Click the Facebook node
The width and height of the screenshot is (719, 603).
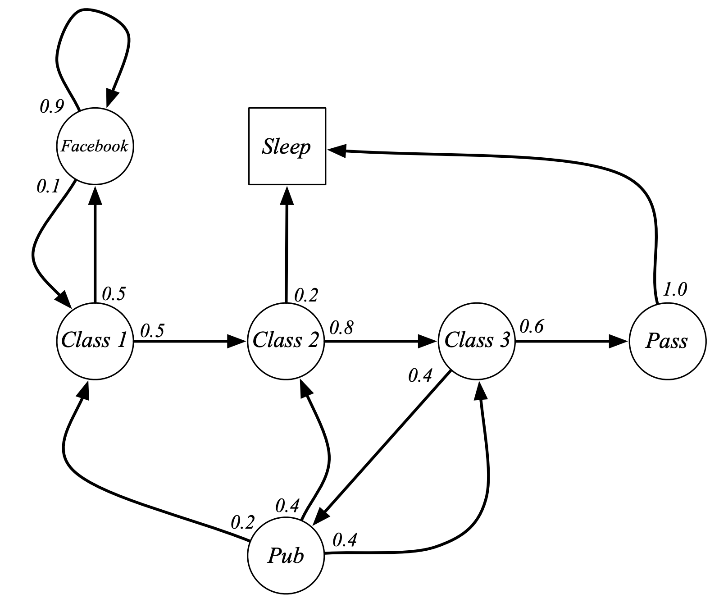pos(95,146)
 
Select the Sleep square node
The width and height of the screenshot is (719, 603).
pos(287,146)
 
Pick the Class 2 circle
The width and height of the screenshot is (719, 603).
pos(286,341)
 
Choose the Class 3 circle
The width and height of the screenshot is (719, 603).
pos(477,341)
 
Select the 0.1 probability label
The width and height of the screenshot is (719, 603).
pos(48,186)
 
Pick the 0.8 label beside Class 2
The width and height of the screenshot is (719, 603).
pos(341,328)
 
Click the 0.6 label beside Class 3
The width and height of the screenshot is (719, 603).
pos(532,326)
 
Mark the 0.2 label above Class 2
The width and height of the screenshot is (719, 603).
pos(306,295)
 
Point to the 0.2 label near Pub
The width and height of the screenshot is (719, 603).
pos(243,522)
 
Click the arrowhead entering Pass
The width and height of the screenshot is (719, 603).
pos(619,341)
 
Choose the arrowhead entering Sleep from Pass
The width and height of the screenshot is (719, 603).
pos(337,151)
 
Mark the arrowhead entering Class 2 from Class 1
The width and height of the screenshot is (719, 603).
pos(237,341)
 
